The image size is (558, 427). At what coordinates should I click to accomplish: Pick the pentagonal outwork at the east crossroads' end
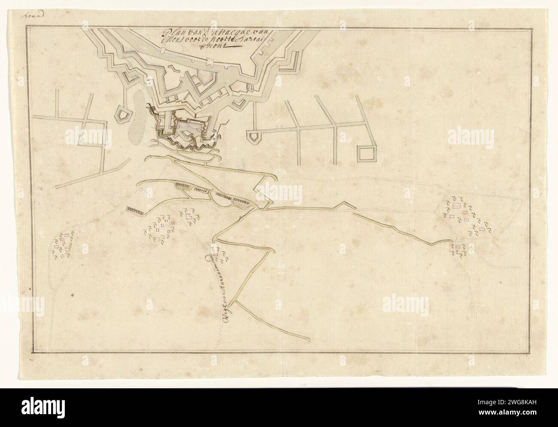click(x=254, y=137)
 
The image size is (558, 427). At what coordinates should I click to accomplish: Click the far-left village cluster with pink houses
click(x=64, y=246)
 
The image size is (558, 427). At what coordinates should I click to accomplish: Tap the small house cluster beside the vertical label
click(x=220, y=255)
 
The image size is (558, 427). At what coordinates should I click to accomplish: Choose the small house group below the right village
click(x=458, y=249)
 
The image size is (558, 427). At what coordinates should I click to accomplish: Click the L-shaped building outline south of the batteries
click(x=189, y=217)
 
